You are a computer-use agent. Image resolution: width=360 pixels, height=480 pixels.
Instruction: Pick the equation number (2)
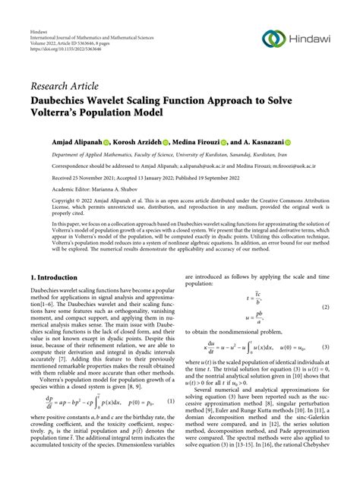pyautogui.click(x=325, y=306)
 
